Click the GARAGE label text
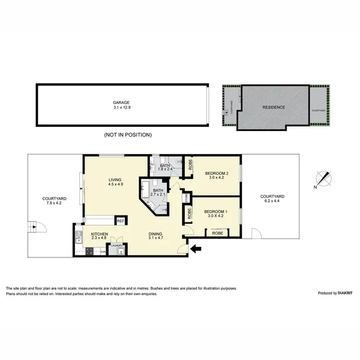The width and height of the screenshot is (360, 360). (121, 102)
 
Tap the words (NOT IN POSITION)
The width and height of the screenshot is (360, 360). (128, 135)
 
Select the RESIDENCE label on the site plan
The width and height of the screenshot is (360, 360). (275, 108)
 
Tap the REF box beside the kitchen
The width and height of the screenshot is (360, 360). (121, 221)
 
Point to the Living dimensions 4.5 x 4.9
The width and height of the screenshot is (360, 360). (115, 184)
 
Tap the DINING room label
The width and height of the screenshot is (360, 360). (156, 233)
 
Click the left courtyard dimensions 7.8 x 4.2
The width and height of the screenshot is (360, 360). (54, 203)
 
